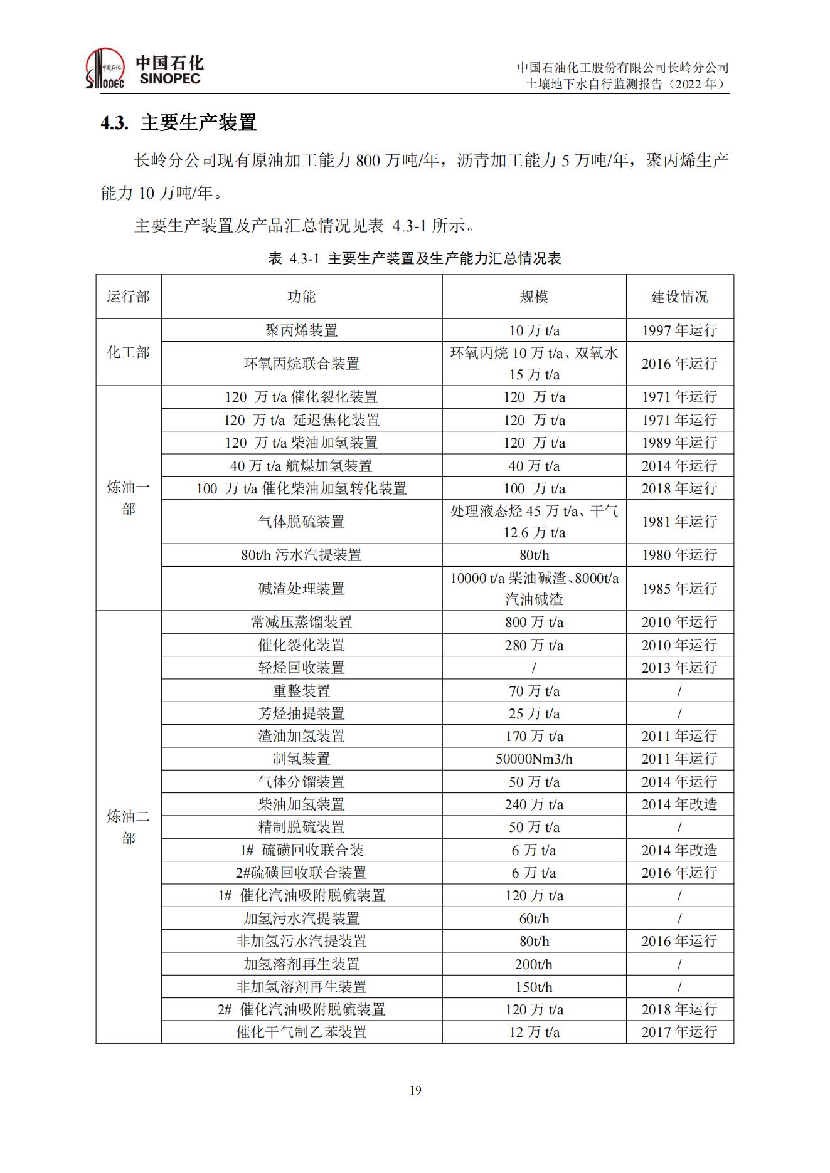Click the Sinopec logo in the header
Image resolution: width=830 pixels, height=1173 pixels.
click(144, 70)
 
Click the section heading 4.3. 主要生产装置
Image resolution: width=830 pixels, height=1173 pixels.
click(179, 122)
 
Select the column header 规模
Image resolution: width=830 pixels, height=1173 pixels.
click(534, 297)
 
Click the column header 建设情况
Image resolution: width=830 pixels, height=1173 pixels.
click(679, 297)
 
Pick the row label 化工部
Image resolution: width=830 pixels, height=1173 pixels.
click(129, 352)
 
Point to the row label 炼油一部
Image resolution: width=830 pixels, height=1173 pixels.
click(129, 498)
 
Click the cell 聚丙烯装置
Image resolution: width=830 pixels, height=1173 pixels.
click(301, 330)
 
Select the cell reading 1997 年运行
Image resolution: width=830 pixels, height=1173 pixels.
click(679, 330)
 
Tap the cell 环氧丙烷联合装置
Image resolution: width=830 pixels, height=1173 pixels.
click(301, 364)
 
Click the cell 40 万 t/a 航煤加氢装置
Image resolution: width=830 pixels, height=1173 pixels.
click(301, 466)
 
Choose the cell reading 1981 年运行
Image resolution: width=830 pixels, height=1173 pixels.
click(679, 522)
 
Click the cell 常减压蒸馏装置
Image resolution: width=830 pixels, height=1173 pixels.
click(301, 622)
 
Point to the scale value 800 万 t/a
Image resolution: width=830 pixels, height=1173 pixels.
click(534, 622)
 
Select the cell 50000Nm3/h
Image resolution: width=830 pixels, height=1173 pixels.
click(534, 759)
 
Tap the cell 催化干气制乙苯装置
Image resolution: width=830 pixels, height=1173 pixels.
click(301, 1032)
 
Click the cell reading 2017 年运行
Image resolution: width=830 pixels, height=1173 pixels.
click(679, 1032)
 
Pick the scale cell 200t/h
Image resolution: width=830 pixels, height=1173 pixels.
click(534, 964)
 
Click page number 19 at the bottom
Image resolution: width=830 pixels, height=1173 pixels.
click(415, 1090)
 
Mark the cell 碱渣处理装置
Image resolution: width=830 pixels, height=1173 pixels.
click(301, 589)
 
